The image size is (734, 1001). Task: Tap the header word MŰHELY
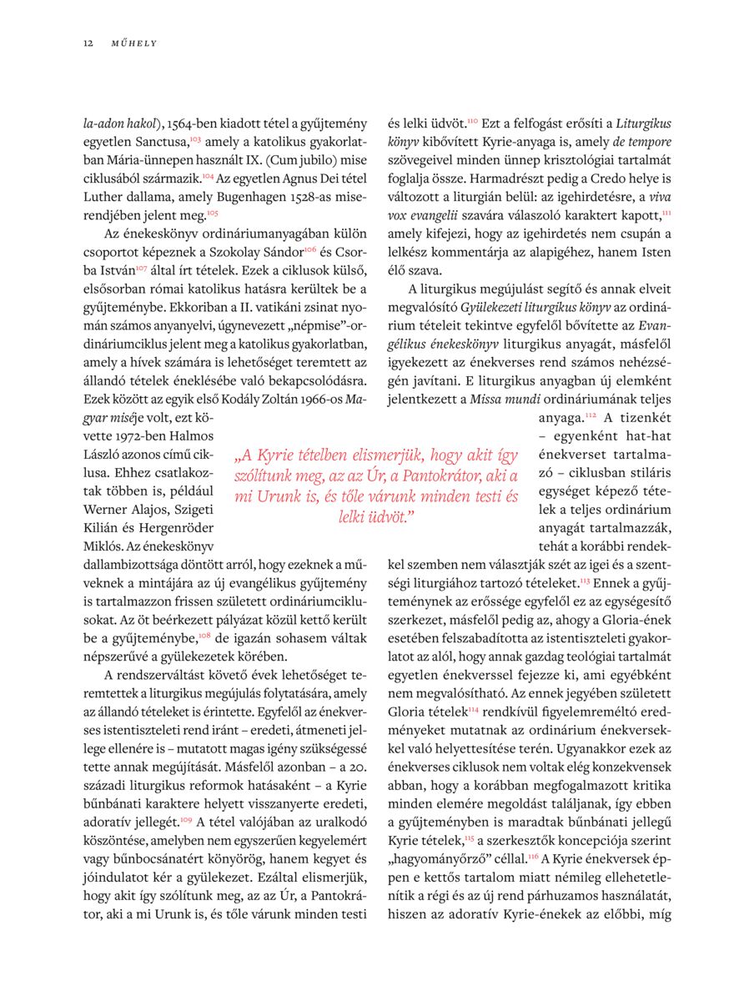(x=134, y=43)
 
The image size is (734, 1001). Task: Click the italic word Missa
(x=487, y=400)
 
